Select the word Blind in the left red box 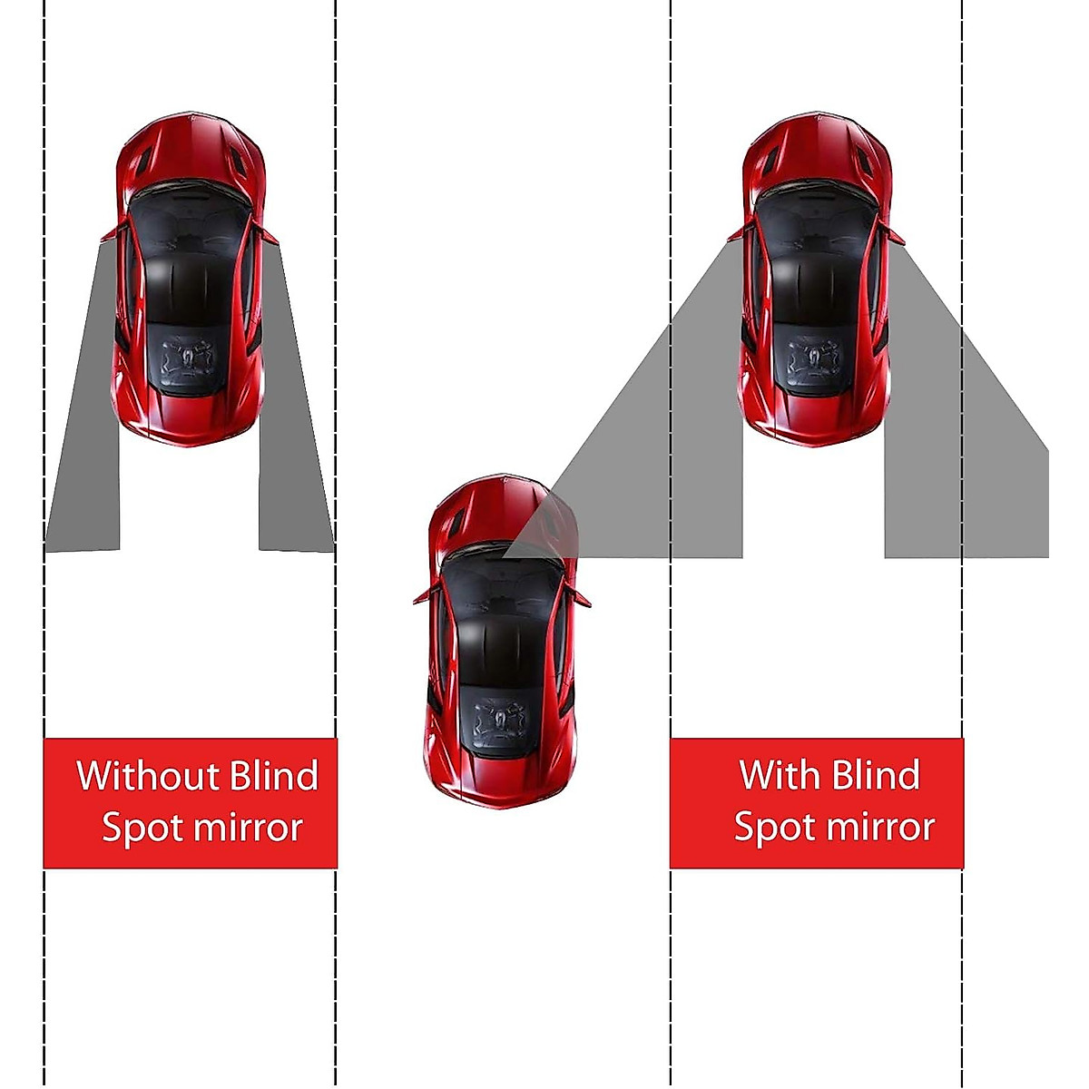pos(274,776)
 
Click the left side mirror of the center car pos(422,597)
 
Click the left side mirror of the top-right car pos(736,233)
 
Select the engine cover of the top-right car pos(814,358)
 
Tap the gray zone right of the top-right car pos(962,454)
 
